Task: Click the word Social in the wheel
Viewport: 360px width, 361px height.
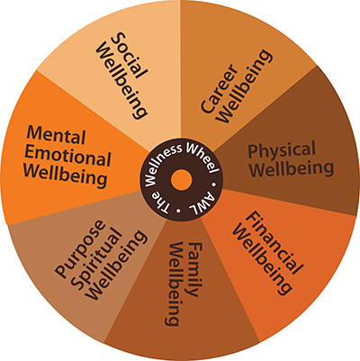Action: pyautogui.click(x=130, y=56)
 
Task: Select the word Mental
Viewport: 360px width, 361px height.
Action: pyautogui.click(x=56, y=136)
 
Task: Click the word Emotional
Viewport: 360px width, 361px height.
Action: pyautogui.click(x=67, y=157)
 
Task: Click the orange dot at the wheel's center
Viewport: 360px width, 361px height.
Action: pyautogui.click(x=181, y=180)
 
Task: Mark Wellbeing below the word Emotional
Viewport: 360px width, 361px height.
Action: pyautogui.click(x=66, y=176)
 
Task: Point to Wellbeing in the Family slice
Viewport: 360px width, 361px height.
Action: pyautogui.click(x=175, y=284)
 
